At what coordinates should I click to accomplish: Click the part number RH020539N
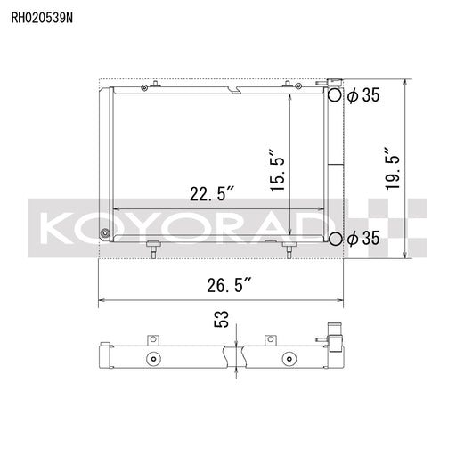click(x=42, y=18)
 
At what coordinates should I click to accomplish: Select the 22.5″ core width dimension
click(x=212, y=193)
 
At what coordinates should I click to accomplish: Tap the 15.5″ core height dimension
click(x=278, y=170)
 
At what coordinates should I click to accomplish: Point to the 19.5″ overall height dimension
click(x=392, y=168)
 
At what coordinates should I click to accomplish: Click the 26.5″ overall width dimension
click(x=230, y=285)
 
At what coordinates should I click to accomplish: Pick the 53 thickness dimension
click(x=222, y=319)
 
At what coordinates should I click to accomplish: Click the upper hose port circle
click(x=335, y=94)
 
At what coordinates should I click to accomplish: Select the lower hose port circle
click(x=335, y=239)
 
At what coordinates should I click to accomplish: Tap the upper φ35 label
click(x=363, y=95)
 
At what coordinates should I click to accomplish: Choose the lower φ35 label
click(x=363, y=238)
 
